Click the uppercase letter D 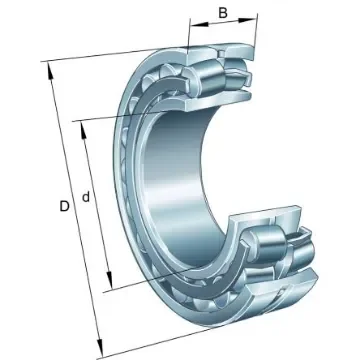click(x=64, y=207)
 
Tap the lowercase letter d click(x=88, y=197)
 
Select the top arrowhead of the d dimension click(x=80, y=127)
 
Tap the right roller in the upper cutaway click(x=240, y=77)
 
